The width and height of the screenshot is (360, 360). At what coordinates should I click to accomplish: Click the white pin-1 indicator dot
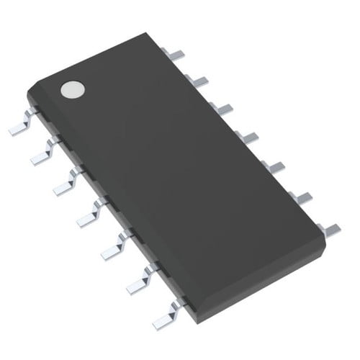point(72,89)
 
